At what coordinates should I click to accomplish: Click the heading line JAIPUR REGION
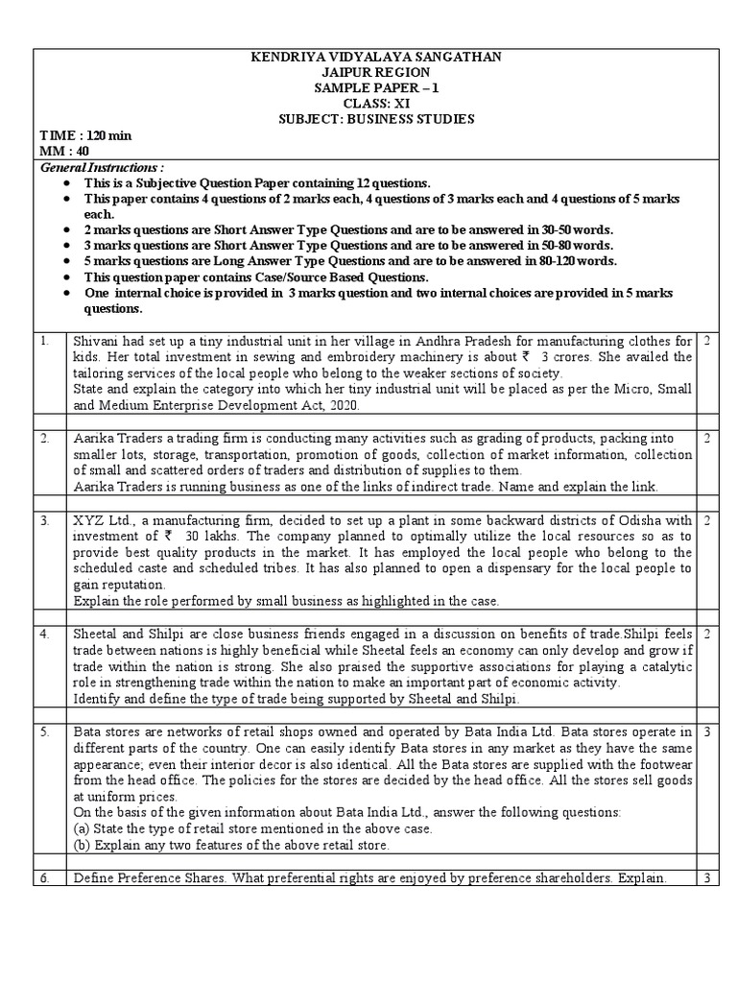374,73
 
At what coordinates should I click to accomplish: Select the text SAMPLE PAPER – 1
374,88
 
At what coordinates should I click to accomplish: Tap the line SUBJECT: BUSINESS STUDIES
374,119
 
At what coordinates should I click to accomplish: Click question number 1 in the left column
45,342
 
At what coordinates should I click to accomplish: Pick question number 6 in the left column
45,878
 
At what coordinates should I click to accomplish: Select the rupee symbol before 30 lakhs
169,536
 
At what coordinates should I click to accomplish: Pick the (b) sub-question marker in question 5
83,845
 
